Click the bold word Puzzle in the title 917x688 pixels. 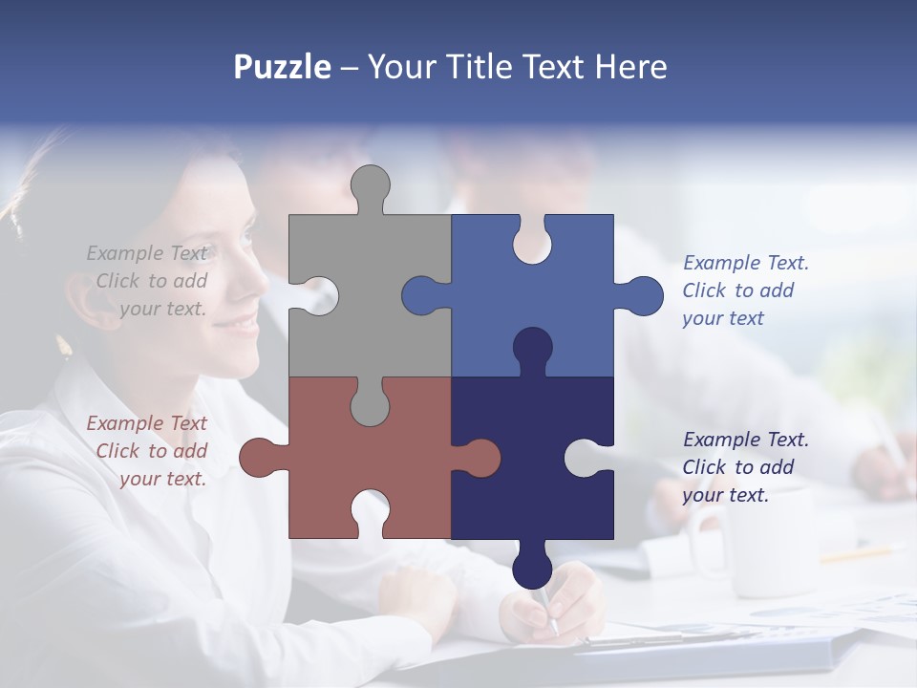pos(282,67)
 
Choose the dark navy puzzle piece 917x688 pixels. pos(535,478)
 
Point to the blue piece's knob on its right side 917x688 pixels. pos(642,295)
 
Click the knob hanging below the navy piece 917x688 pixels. pos(532,568)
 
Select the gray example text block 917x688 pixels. pos(148,281)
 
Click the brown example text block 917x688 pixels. pos(148,451)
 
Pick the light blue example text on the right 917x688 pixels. pos(745,290)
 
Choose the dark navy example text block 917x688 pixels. pos(745,467)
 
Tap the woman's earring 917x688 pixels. pos(66,346)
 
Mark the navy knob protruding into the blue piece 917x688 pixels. pos(532,348)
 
